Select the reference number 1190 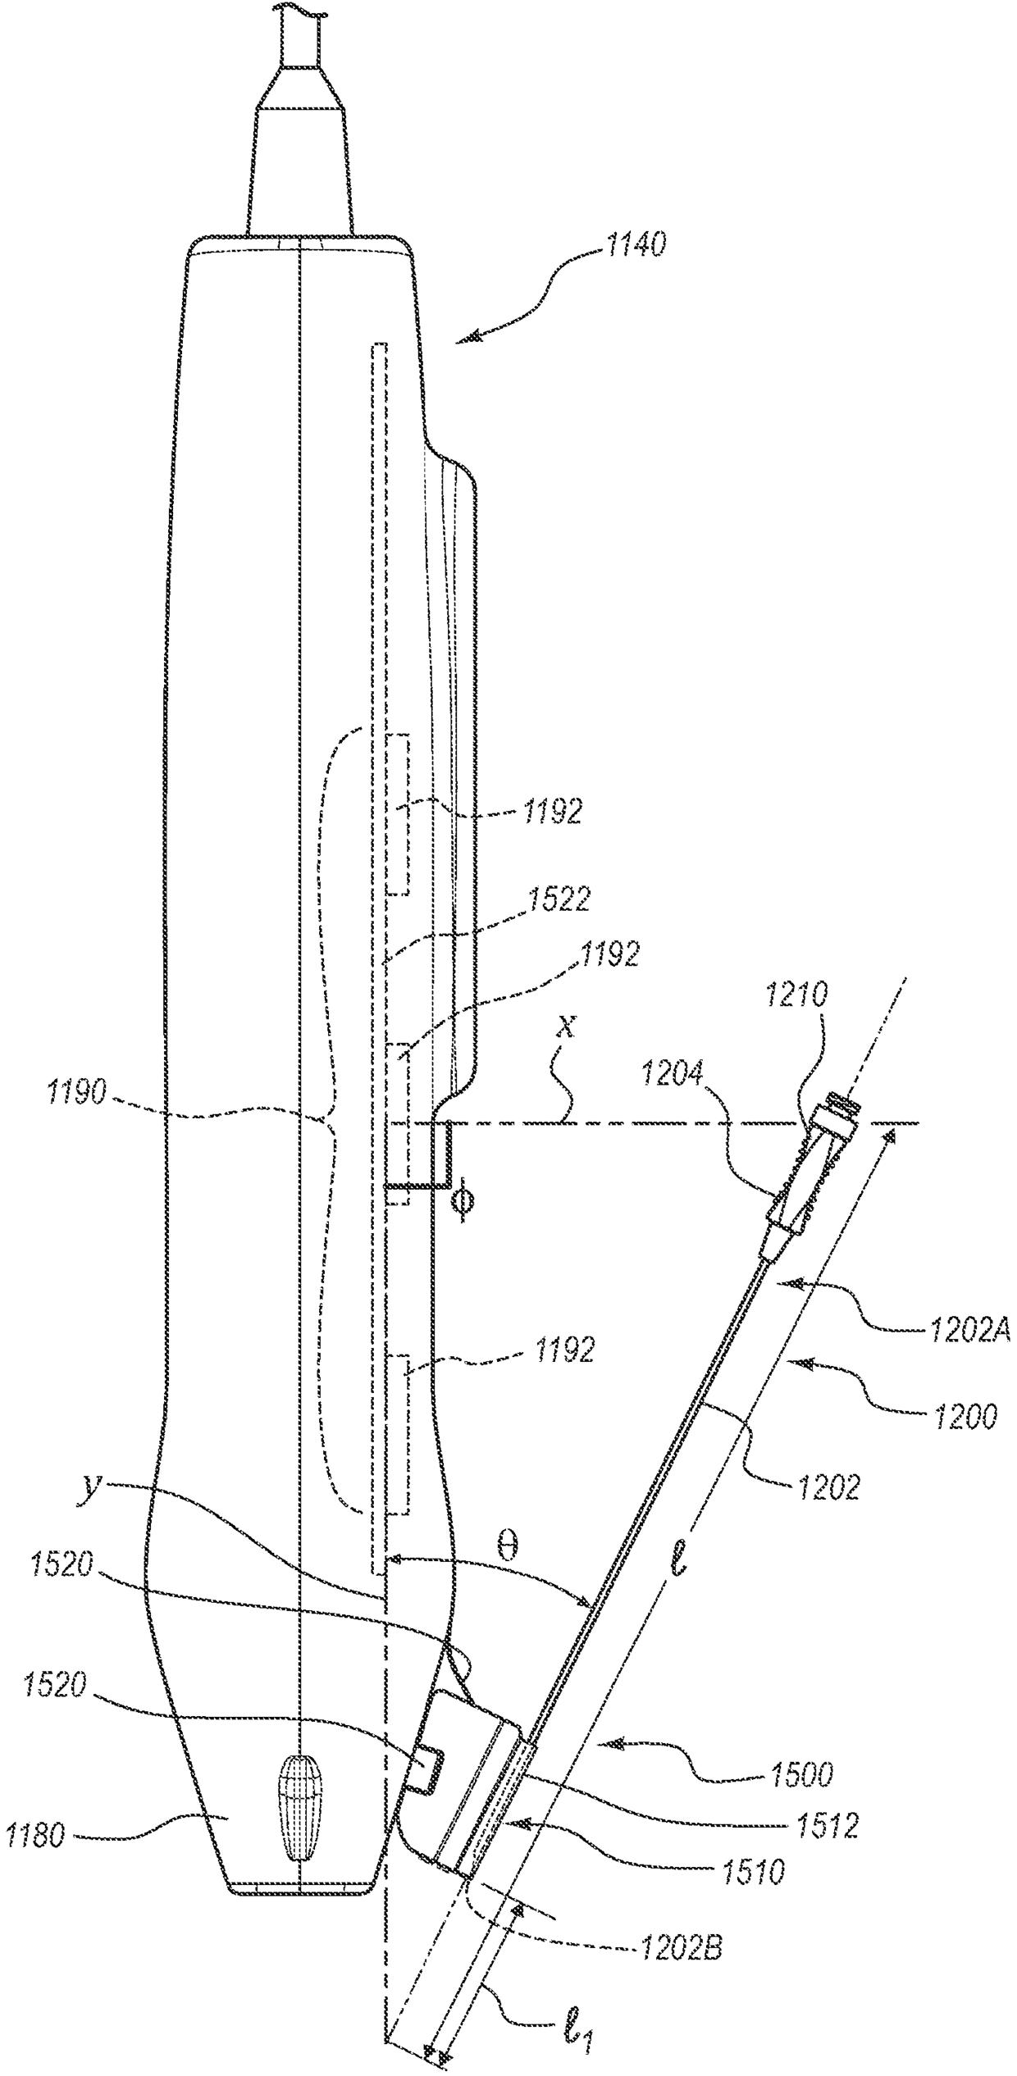pyautogui.click(x=75, y=1094)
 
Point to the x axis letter pyautogui.click(x=563, y=1029)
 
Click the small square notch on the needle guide pyautogui.click(x=427, y=1769)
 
